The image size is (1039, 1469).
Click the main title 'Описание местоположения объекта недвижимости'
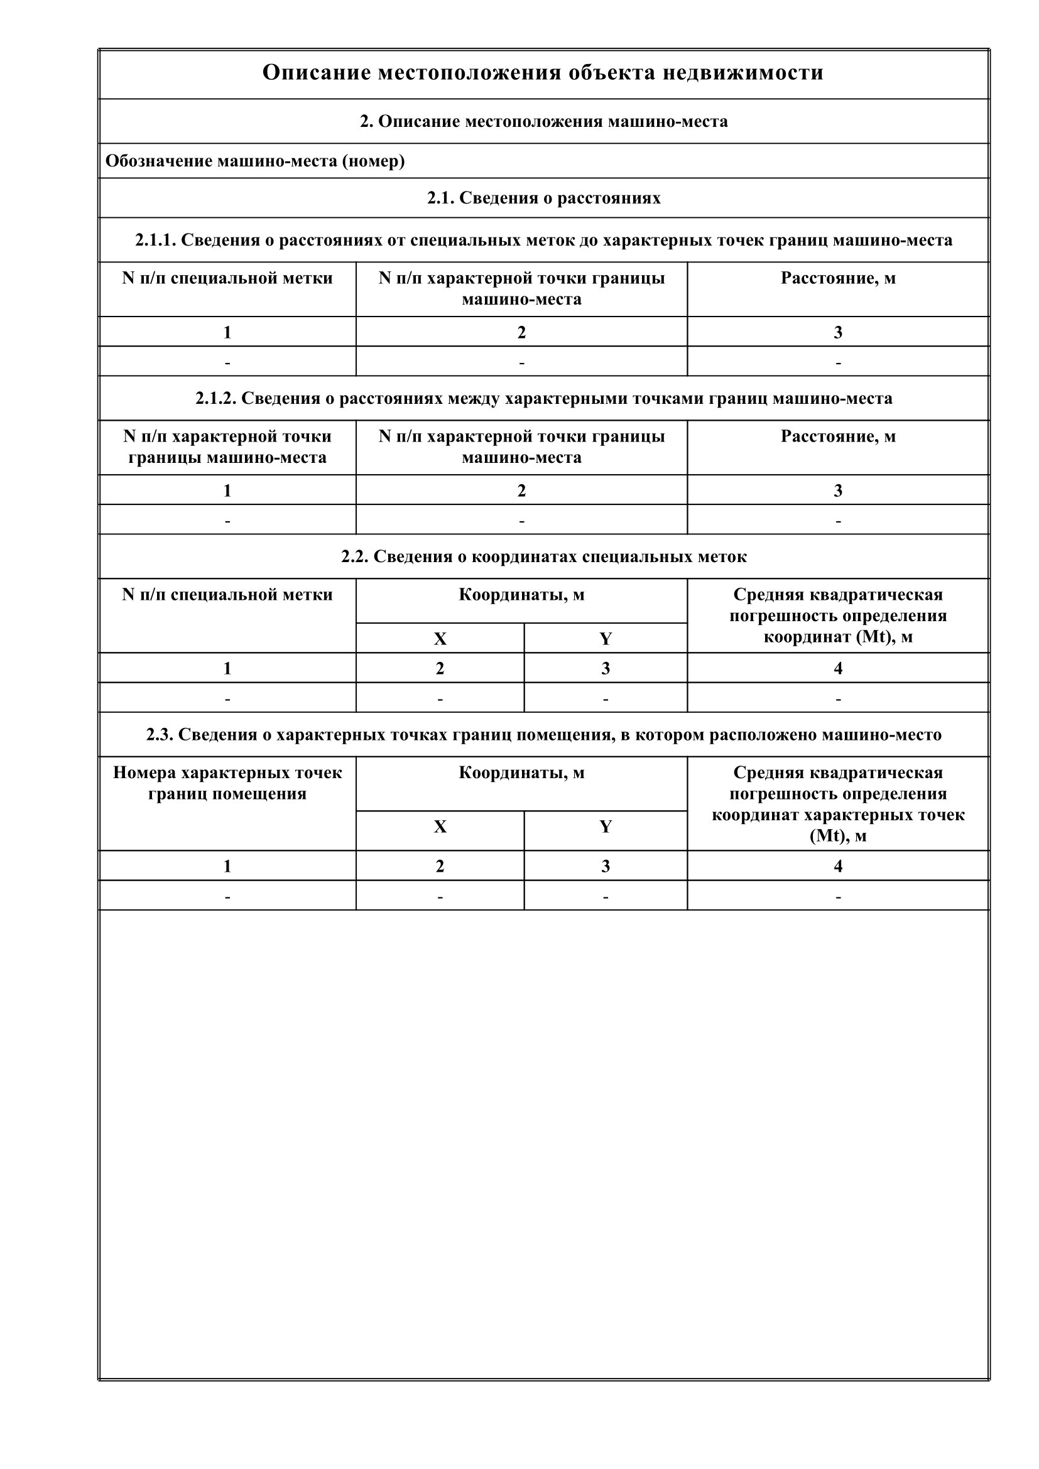tap(543, 73)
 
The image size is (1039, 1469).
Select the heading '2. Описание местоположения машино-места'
tap(544, 122)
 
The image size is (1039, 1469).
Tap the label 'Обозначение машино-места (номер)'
tap(254, 161)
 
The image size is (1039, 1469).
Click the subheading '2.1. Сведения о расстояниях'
tap(544, 198)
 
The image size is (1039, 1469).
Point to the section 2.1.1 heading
tap(544, 241)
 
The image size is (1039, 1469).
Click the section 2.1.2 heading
tap(544, 399)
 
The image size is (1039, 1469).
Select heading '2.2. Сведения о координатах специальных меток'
tap(544, 556)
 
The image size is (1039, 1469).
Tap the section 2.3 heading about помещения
tap(544, 735)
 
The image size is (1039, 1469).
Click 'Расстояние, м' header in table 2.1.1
tap(838, 278)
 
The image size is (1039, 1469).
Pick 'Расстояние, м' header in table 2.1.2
tap(838, 436)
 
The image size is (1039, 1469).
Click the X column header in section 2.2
tap(440, 639)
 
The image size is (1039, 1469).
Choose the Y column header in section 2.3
tap(605, 827)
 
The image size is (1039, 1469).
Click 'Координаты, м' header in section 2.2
tap(521, 595)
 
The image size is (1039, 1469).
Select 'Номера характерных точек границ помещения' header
tap(227, 783)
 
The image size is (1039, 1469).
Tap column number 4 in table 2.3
tap(838, 866)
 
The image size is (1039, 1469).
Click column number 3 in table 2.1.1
tap(838, 333)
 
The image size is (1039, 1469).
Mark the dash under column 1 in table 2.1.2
tap(227, 521)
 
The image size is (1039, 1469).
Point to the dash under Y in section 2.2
tap(605, 698)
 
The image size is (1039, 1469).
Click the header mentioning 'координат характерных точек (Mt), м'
tap(838, 805)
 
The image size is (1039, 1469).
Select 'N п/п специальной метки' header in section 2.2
tap(227, 595)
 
